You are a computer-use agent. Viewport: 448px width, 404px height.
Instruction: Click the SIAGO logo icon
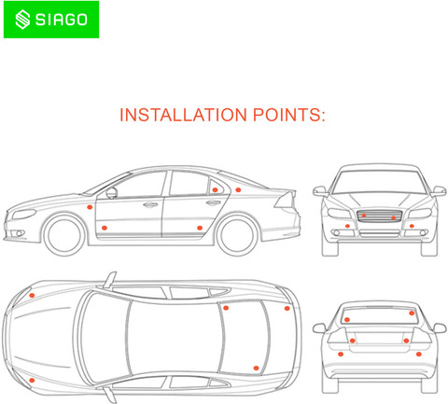(22, 20)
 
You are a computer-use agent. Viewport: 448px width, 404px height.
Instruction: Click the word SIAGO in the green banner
(62, 20)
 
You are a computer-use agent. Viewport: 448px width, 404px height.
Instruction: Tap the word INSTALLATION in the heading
(183, 115)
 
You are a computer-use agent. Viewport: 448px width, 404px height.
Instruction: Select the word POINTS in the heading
(289, 115)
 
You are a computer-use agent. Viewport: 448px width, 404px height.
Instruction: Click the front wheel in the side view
(64, 235)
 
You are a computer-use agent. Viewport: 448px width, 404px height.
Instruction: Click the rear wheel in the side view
(238, 235)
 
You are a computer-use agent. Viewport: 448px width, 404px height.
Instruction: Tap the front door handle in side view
(150, 205)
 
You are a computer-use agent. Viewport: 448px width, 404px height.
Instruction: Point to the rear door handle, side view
(214, 203)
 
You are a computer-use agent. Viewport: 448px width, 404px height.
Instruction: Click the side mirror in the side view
(112, 193)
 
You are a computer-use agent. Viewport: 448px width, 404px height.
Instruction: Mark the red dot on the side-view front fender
(90, 207)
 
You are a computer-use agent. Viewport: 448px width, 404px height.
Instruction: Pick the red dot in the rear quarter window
(215, 189)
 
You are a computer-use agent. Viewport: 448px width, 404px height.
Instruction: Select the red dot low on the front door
(105, 228)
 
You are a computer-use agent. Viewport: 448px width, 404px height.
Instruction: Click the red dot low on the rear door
(200, 228)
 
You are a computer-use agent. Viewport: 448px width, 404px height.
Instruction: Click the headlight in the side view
(24, 214)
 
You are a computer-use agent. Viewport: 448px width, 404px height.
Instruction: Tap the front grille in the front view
(380, 216)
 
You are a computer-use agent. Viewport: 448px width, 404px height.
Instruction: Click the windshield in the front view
(379, 182)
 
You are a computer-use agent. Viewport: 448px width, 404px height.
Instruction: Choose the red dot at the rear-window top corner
(412, 313)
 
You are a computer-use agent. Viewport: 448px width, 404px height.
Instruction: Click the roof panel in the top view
(175, 338)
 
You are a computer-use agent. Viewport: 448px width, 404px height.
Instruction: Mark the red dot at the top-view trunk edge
(287, 308)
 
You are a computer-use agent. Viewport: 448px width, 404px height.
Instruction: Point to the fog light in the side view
(20, 233)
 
